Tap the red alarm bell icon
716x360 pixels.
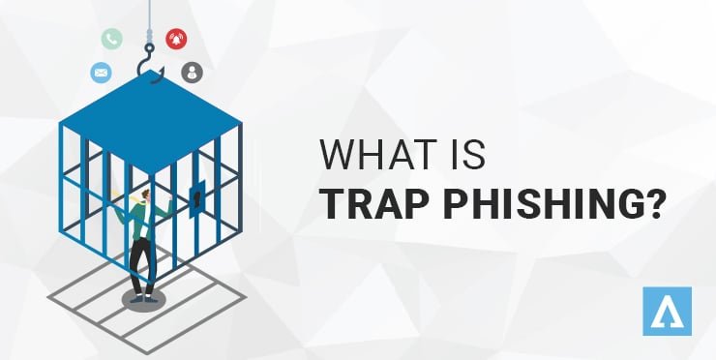177,40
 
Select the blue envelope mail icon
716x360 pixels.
101,72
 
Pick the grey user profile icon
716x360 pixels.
192,72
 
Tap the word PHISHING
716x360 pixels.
549,204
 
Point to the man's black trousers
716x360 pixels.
142,264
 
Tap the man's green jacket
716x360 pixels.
140,223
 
